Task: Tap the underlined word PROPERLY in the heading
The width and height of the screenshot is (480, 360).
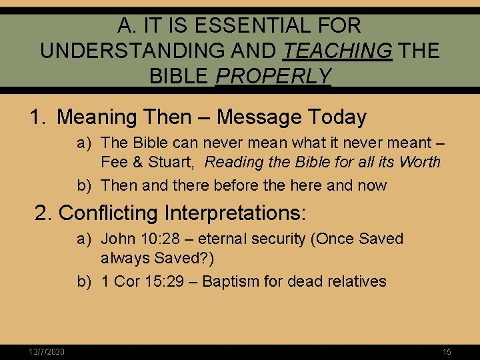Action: coord(273,77)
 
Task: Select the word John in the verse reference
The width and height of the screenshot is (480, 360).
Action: coord(117,239)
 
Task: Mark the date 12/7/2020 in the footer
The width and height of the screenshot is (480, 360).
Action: coord(47,352)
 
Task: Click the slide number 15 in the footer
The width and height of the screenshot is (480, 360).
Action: coord(447,352)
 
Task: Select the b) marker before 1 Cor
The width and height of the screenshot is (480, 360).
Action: coord(83,281)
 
